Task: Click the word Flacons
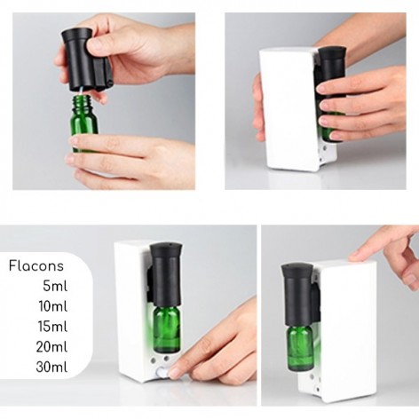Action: [36, 265]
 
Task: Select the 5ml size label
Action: [55, 286]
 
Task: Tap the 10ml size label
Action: [53, 306]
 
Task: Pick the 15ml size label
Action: [52, 326]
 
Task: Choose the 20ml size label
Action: [51, 346]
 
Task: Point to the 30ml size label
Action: [51, 367]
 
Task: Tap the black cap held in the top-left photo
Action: [85, 59]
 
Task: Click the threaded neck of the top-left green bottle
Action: [83, 102]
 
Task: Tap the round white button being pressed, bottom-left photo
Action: [162, 371]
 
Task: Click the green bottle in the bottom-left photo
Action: [167, 329]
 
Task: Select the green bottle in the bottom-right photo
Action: [299, 347]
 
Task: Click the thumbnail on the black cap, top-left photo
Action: [95, 44]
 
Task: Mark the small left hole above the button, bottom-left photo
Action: [154, 360]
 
